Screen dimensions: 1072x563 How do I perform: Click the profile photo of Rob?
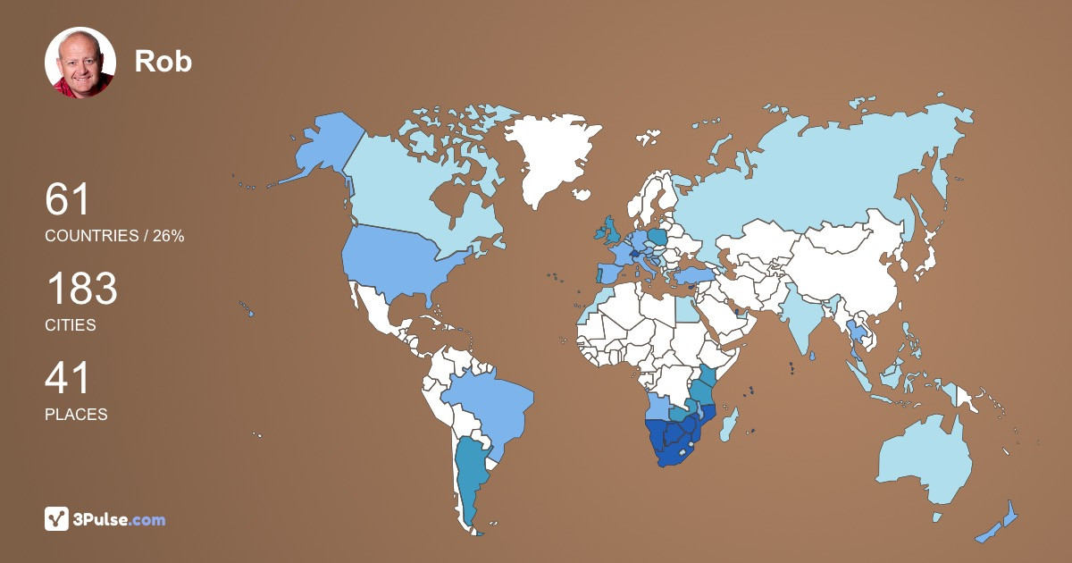pyautogui.click(x=80, y=63)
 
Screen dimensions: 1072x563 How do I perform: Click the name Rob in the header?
pyautogui.click(x=163, y=61)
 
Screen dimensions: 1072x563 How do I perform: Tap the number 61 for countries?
pyautogui.click(x=68, y=199)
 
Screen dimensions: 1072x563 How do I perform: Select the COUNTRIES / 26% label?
pyautogui.click(x=114, y=236)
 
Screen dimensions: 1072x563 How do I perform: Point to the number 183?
pyautogui.click(x=81, y=290)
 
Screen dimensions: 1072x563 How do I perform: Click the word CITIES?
pyautogui.click(x=71, y=325)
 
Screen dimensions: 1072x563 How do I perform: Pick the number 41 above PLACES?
pyautogui.click(x=68, y=378)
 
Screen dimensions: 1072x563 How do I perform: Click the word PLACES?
pyautogui.click(x=76, y=415)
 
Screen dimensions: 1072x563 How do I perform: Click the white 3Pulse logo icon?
pyautogui.click(x=57, y=519)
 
